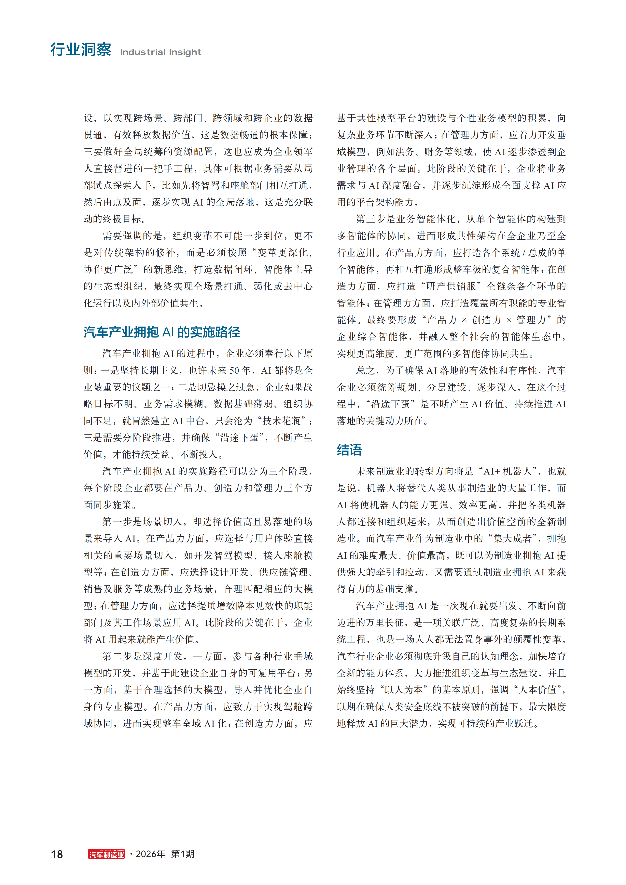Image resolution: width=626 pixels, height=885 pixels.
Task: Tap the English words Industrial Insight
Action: click(x=160, y=52)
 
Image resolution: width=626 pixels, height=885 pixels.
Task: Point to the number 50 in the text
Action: click(x=234, y=370)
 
